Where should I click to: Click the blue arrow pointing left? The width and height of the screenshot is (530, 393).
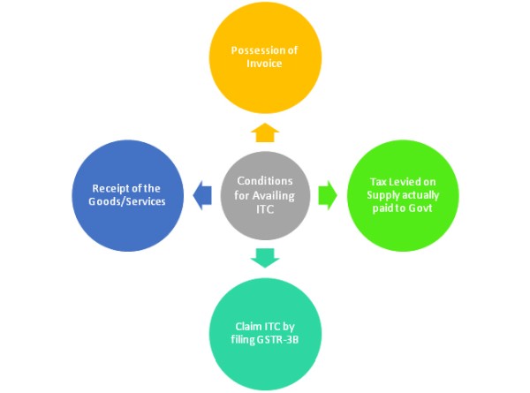(201, 192)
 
